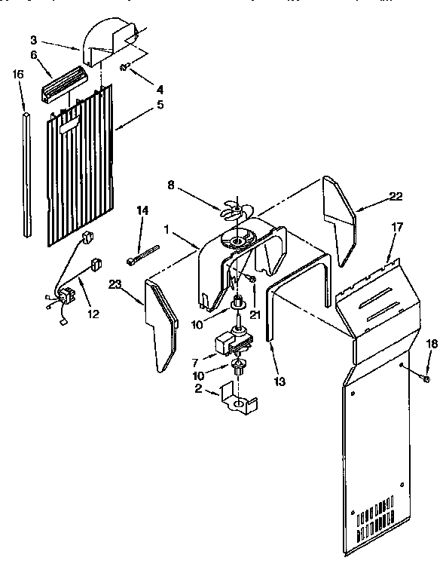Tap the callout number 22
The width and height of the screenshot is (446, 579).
tap(396, 197)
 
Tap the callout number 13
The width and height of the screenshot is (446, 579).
tap(280, 381)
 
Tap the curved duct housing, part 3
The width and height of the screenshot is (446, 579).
tap(111, 43)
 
